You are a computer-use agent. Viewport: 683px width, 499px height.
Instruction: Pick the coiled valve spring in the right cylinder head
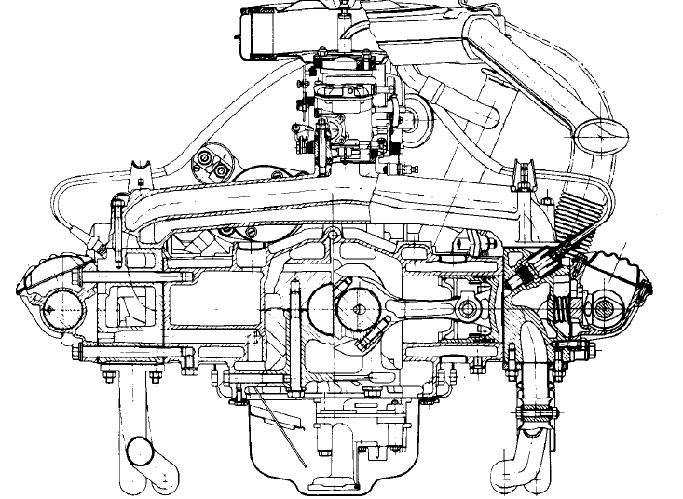[563, 307]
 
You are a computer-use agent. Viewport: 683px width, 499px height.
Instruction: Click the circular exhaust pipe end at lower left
[140, 452]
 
